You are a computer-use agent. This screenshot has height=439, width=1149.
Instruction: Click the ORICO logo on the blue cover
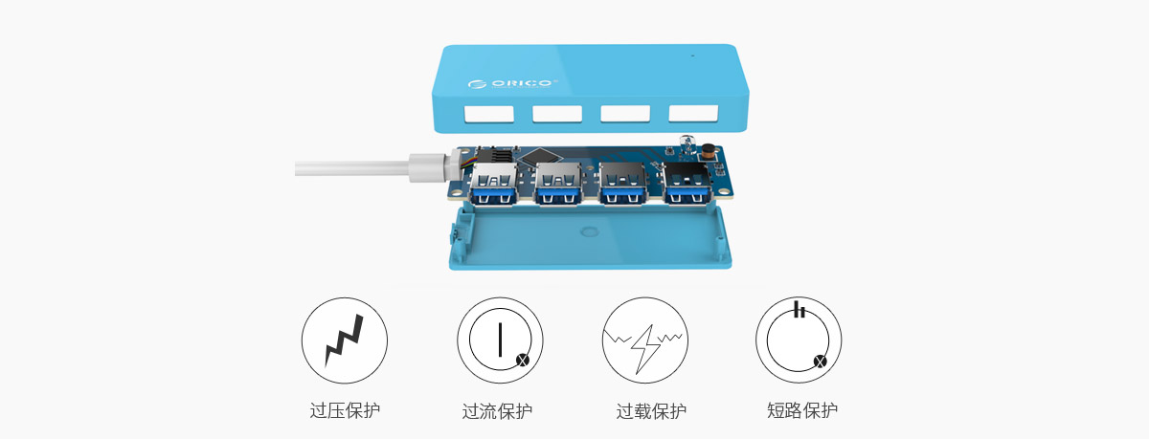pyautogui.click(x=511, y=83)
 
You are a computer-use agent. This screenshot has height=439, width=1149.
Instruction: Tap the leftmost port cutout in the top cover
pyautogui.click(x=489, y=114)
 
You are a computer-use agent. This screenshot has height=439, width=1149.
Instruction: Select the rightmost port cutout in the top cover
pyautogui.click(x=693, y=113)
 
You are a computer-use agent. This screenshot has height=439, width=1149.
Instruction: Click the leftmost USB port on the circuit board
pyautogui.click(x=493, y=185)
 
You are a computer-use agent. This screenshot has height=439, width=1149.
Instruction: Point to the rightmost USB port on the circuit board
pyautogui.click(x=688, y=184)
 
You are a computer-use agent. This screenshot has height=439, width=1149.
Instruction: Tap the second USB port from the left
pyautogui.click(x=558, y=185)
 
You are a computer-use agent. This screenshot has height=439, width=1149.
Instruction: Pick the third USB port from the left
pyautogui.click(x=623, y=184)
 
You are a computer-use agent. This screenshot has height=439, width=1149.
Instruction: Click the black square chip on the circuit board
pyautogui.click(x=538, y=156)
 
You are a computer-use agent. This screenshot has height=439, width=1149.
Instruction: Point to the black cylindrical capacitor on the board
pyautogui.click(x=709, y=152)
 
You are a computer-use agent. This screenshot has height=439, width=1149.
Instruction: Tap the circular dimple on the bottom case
pyautogui.click(x=590, y=231)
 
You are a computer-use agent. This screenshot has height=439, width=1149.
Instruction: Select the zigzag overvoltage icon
pyautogui.click(x=345, y=340)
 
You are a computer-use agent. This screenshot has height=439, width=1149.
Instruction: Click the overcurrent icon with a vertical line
pyautogui.click(x=500, y=340)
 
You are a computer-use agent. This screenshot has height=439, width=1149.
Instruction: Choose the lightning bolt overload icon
pyautogui.click(x=645, y=340)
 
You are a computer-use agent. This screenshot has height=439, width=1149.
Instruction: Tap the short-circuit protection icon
pyautogui.click(x=799, y=340)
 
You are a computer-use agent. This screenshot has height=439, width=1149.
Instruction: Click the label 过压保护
pyautogui.click(x=345, y=410)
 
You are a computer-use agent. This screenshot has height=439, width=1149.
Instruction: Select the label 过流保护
pyautogui.click(x=497, y=411)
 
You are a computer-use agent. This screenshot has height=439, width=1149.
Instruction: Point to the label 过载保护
pyautogui.click(x=651, y=411)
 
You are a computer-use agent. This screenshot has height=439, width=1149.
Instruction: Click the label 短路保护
pyautogui.click(x=802, y=410)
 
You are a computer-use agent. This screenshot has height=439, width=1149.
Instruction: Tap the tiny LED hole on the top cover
pyautogui.click(x=693, y=55)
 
